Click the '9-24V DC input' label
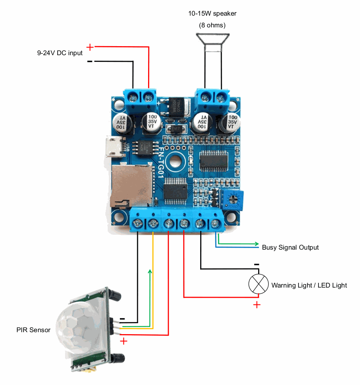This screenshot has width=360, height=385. pos(60,53)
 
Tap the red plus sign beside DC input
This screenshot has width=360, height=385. pos(90,47)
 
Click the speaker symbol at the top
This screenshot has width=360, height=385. pos(213,42)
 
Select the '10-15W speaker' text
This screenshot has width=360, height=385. pos(212,14)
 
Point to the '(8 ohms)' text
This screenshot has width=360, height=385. pos(212,25)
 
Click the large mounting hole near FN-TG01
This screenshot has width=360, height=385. pos(175,161)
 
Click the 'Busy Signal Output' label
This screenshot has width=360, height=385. pos(290,247)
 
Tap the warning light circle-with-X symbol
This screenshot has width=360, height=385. pos(259,284)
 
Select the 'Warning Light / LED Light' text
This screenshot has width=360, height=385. pos(309,285)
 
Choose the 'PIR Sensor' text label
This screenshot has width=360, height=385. pos(33,330)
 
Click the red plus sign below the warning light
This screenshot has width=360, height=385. pos(257,305)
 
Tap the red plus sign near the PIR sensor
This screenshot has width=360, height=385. pos(124,341)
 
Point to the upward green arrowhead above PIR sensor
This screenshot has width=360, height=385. pos(150,272)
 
